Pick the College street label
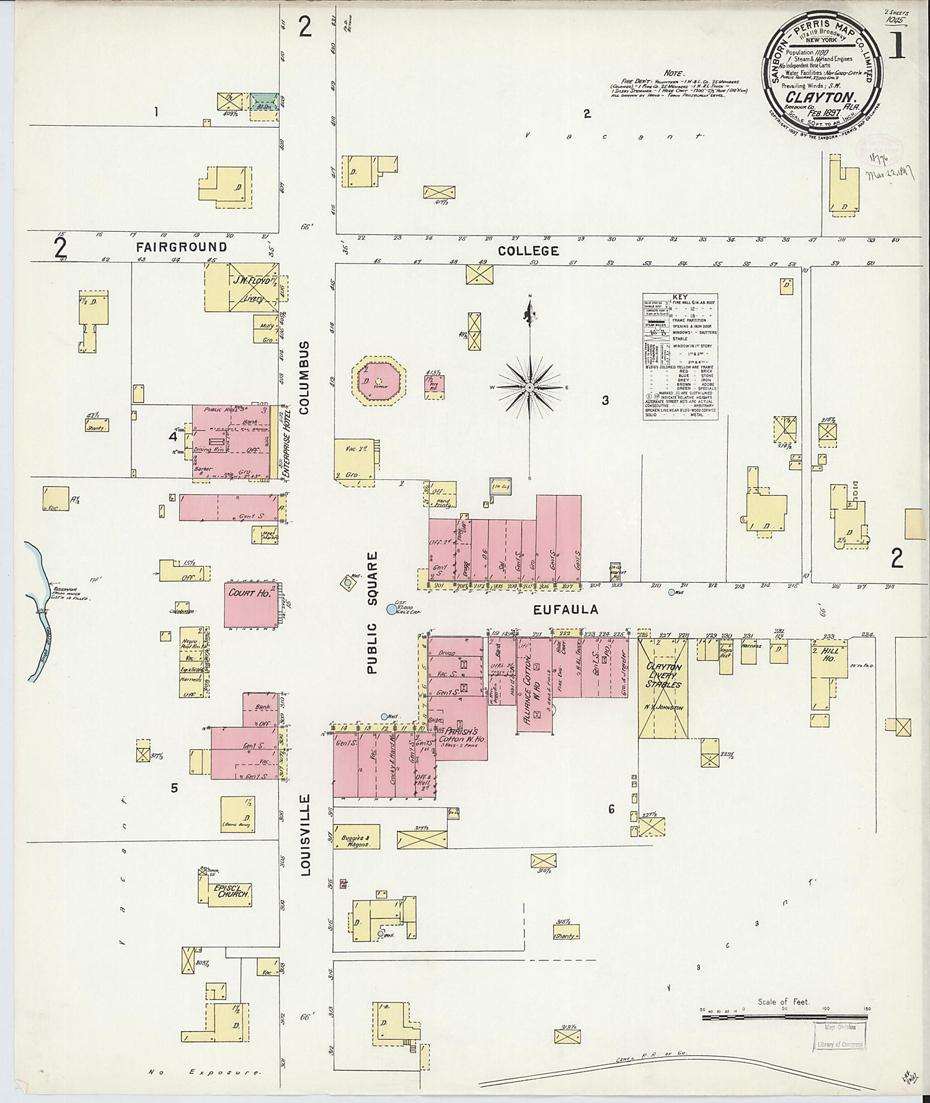528,250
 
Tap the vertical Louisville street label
305,835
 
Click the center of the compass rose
529,388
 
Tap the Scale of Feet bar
786,1017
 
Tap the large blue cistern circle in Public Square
391,609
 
